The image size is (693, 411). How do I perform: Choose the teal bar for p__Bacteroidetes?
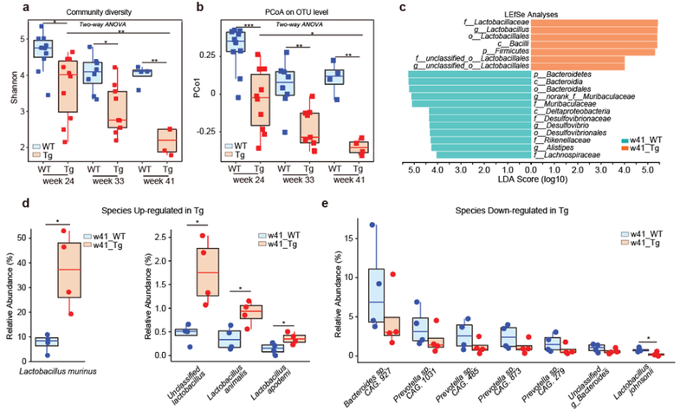469,76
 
